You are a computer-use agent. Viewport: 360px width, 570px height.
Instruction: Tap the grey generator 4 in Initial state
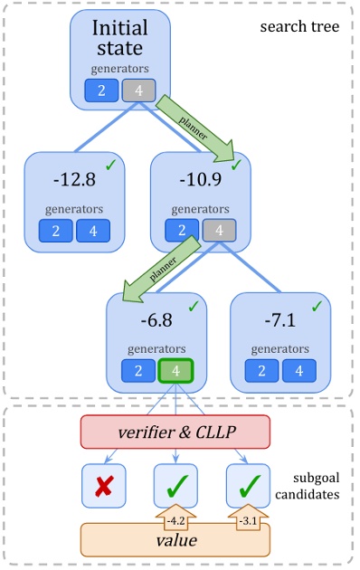point(138,90)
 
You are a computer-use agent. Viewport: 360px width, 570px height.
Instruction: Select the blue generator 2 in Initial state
point(102,90)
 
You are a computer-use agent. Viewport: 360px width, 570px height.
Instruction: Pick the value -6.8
point(157,322)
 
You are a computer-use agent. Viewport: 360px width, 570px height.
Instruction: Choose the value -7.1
point(280,322)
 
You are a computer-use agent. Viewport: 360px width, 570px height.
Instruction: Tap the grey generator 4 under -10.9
point(219,230)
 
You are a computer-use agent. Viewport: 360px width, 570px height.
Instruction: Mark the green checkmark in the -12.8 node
point(110,165)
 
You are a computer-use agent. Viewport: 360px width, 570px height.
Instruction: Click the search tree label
point(299,26)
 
